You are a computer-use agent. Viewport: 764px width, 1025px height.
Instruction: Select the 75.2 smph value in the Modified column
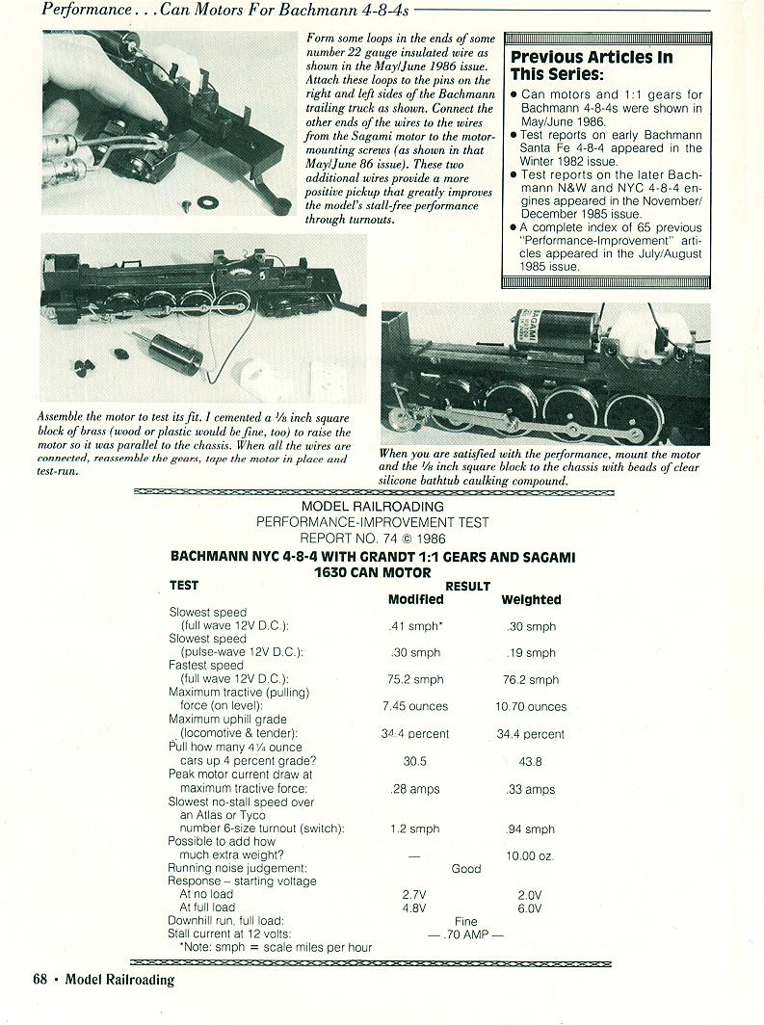click(415, 679)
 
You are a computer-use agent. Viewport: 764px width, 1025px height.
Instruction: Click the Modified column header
click(415, 599)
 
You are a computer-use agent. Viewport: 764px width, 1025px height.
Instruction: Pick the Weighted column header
click(531, 599)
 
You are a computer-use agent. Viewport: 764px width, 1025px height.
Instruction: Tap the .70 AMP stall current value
click(465, 934)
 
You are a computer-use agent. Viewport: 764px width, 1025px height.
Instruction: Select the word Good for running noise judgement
click(465, 868)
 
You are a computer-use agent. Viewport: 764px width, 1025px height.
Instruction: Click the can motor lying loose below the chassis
click(168, 353)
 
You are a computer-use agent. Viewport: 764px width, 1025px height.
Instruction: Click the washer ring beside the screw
click(206, 202)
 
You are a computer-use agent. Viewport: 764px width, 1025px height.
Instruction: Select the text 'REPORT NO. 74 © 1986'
click(372, 538)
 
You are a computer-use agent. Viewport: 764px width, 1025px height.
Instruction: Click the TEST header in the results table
click(184, 586)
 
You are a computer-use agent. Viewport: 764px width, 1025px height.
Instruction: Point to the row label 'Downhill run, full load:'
click(225, 921)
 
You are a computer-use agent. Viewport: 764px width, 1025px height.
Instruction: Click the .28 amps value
click(415, 789)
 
